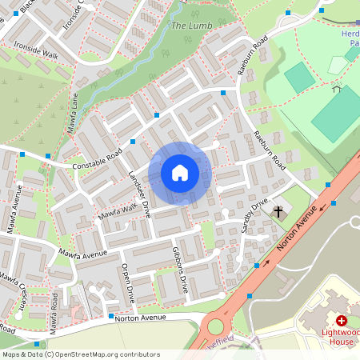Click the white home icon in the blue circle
(x=180, y=173)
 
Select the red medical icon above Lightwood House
(x=342, y=320)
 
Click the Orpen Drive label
(x=127, y=284)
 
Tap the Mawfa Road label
(x=54, y=313)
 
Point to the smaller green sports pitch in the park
(x=299, y=78)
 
